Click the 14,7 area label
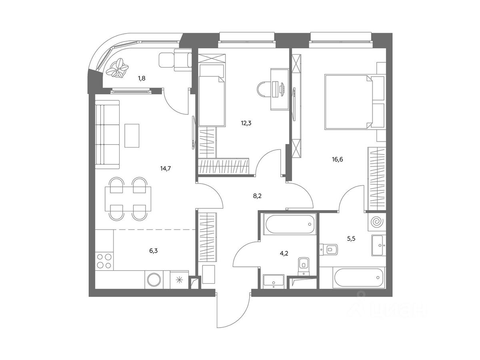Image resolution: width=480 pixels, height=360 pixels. click(x=165, y=168)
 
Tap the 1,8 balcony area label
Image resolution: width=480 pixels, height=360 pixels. click(x=142, y=78)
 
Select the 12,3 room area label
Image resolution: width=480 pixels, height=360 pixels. click(x=246, y=123)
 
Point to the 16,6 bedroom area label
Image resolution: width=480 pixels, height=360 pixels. click(x=338, y=159)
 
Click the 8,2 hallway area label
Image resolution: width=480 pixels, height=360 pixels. click(x=257, y=196)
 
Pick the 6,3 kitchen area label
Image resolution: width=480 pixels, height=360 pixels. click(x=153, y=251)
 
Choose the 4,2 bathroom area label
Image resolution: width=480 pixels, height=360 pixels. click(x=284, y=254)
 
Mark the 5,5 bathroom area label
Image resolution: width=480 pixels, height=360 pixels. click(x=351, y=239)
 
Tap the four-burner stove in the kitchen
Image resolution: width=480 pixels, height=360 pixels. click(x=104, y=261)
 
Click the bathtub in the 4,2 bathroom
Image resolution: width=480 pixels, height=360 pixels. click(x=290, y=224)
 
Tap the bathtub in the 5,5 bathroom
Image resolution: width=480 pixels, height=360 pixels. click(x=359, y=278)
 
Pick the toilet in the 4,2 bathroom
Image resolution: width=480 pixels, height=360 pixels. click(x=304, y=266)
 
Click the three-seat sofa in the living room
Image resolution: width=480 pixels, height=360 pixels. click(x=107, y=135)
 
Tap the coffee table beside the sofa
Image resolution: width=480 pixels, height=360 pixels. click(x=132, y=136)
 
